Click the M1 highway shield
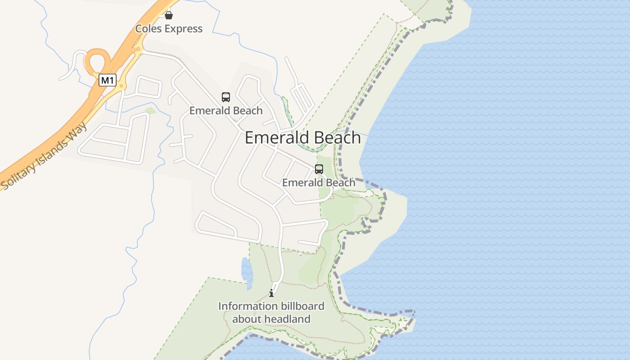coord(108,81)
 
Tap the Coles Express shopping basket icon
coord(169,15)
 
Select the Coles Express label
coord(169,29)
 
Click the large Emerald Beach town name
coord(303,138)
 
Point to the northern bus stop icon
coord(226,97)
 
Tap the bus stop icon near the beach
coord(319,169)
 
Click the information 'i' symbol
coord(271,293)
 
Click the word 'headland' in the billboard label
coord(287,319)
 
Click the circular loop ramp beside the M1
coord(97,61)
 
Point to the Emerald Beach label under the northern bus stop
coord(226,111)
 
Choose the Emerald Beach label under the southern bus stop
coord(319,183)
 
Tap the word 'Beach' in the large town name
coord(338,138)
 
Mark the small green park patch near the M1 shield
coord(151,110)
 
